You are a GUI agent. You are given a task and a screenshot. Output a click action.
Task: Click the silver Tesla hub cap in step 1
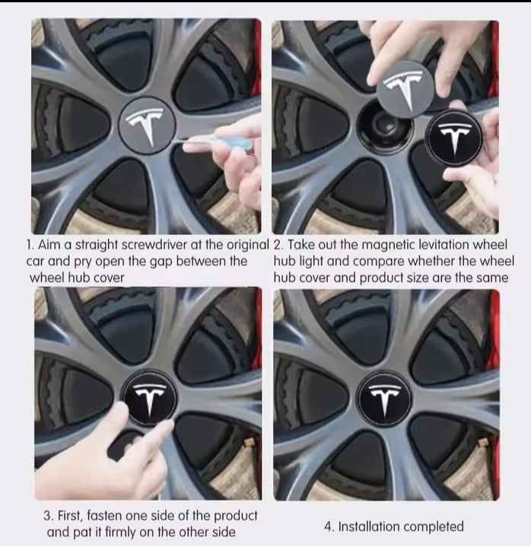(x=148, y=124)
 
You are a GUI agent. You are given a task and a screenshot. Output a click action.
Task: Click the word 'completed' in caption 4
(x=433, y=526)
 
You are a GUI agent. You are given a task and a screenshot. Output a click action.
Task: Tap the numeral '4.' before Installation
(x=327, y=526)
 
